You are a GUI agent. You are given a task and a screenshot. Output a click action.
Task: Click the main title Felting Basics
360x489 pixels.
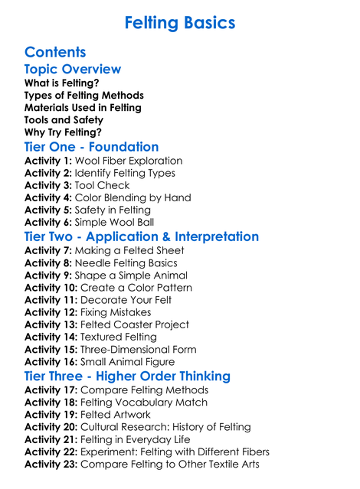click(179, 23)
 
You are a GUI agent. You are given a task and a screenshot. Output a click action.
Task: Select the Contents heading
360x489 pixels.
click(55, 52)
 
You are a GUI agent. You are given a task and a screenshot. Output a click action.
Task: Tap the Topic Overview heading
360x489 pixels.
click(73, 70)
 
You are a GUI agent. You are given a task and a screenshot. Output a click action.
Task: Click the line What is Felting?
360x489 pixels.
click(61, 83)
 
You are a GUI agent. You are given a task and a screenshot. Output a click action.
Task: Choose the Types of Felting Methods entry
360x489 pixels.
click(84, 96)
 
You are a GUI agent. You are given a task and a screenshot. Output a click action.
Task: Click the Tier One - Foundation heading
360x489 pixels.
click(92, 146)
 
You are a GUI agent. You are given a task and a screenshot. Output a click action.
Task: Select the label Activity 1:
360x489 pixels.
click(47, 161)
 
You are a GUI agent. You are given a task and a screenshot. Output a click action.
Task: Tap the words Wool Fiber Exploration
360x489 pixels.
click(129, 161)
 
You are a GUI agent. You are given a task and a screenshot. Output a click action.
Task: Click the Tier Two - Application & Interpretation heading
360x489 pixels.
click(142, 236)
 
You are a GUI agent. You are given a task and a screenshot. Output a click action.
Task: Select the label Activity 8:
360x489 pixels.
click(47, 263)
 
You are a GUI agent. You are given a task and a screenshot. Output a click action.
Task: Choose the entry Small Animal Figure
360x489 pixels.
click(130, 361)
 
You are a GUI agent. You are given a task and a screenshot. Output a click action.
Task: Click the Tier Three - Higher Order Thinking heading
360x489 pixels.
click(127, 376)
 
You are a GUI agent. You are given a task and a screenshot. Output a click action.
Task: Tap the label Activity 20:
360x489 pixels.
click(51, 427)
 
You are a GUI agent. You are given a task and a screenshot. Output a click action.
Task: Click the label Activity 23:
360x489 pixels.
click(51, 464)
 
